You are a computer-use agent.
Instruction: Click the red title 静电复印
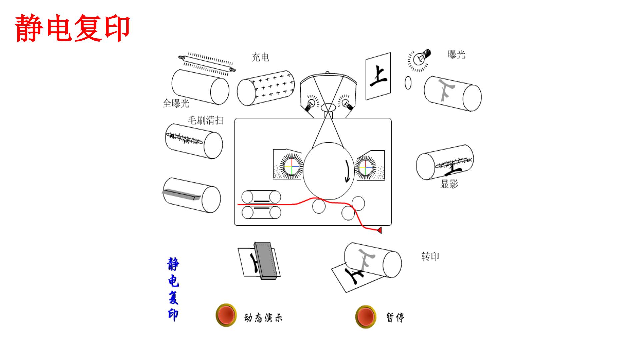72,28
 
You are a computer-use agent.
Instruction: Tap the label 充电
260,57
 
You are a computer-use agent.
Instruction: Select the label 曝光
456,55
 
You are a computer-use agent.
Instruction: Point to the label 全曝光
176,103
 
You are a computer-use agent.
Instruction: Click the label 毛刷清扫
206,120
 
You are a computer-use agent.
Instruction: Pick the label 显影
449,184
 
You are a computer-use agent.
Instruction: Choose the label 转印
430,257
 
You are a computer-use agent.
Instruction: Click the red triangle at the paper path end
379,230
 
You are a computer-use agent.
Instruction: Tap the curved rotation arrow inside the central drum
348,171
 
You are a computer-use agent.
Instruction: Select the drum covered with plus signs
266,88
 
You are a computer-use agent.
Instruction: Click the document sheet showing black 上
378,76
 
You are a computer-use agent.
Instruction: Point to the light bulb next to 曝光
420,59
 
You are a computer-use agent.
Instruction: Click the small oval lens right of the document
408,83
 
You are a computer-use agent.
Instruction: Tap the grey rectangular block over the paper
266,261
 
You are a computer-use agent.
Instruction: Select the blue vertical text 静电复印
173,289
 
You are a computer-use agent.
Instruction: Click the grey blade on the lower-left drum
181,194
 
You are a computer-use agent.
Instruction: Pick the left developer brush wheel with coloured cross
291,166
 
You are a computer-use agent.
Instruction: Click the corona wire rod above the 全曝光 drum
207,64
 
